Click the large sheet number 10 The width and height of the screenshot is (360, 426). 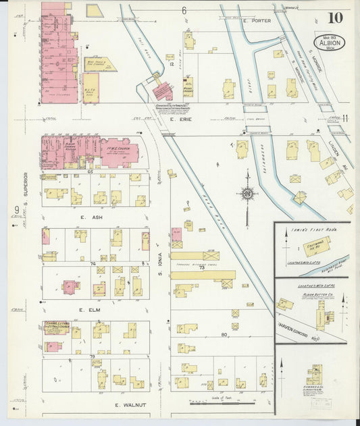coord(336,18)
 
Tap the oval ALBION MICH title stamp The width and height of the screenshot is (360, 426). coord(332,43)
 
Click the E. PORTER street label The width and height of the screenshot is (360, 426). coord(257,21)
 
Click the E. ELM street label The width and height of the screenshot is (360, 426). coord(90,309)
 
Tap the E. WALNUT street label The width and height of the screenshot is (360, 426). coord(126,405)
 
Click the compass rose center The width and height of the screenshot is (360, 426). coord(249,195)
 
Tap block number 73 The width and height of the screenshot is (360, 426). coord(201,268)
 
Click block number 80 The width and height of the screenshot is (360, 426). coord(223,334)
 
